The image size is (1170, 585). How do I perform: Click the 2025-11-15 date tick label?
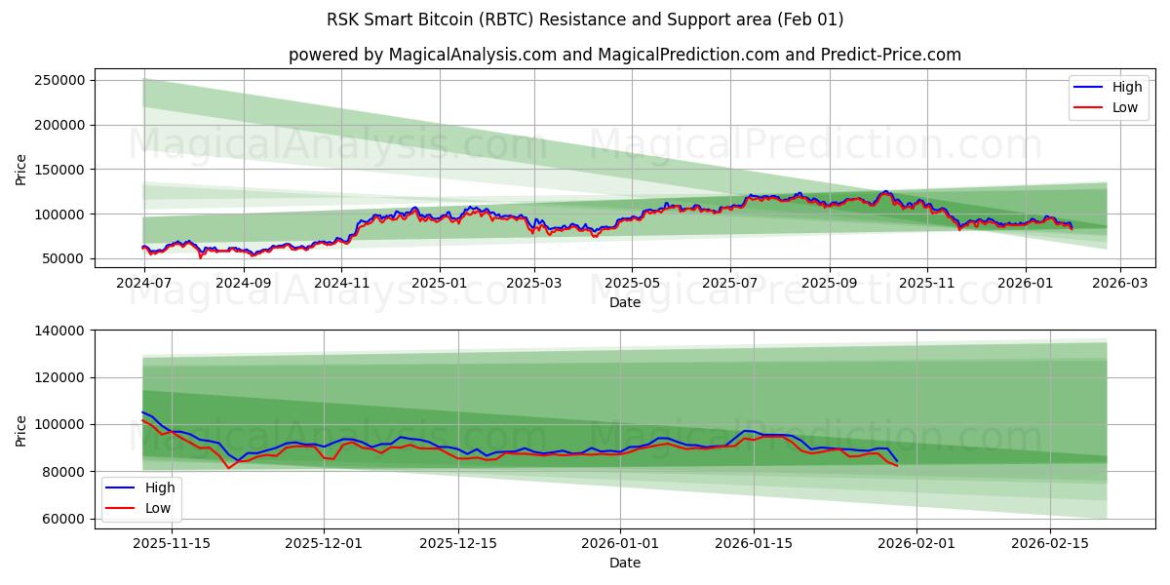(172, 544)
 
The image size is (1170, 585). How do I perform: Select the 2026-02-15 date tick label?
(1050, 544)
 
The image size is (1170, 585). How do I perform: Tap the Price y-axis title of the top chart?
(21, 169)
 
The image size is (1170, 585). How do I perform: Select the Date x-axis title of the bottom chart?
(625, 563)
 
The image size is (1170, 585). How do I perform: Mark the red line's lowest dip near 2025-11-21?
(229, 468)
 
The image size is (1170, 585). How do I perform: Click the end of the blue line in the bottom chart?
(897, 460)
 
